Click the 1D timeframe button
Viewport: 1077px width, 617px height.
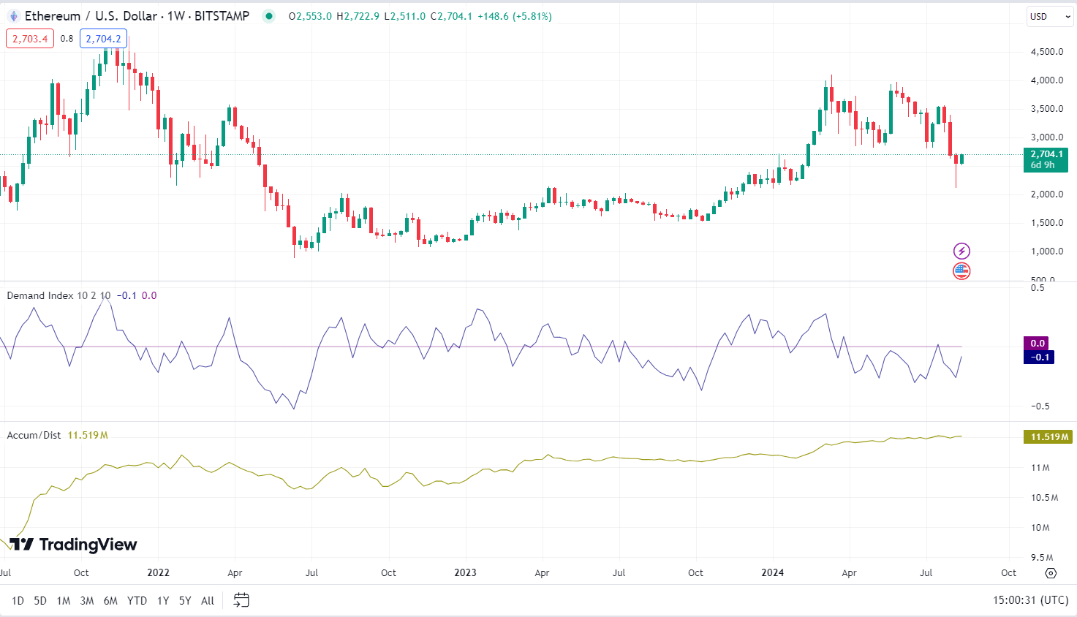click(x=18, y=600)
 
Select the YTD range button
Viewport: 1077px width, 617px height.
click(x=137, y=600)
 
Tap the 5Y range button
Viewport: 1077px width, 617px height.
click(x=185, y=600)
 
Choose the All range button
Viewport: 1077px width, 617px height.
click(x=208, y=600)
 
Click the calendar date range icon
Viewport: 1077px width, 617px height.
click(x=241, y=600)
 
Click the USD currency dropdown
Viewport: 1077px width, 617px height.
click(x=1049, y=16)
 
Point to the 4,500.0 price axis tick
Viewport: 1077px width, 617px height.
click(x=1046, y=52)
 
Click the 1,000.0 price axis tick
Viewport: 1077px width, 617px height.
click(x=1046, y=251)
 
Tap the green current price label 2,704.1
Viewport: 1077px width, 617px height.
click(x=1046, y=154)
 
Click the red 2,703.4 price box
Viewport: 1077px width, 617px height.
click(x=30, y=39)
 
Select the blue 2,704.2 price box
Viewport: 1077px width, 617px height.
click(x=103, y=39)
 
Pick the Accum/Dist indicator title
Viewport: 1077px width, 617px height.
click(x=34, y=435)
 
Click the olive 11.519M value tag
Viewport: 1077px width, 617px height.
click(x=1048, y=437)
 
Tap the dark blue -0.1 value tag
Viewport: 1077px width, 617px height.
click(x=1039, y=357)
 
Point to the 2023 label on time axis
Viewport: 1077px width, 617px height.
click(x=465, y=572)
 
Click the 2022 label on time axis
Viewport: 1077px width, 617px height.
click(x=158, y=572)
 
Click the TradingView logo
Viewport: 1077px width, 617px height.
click(x=73, y=545)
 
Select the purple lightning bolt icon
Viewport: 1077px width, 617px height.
click(x=961, y=251)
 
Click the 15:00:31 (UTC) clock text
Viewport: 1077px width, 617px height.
click(x=1030, y=600)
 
